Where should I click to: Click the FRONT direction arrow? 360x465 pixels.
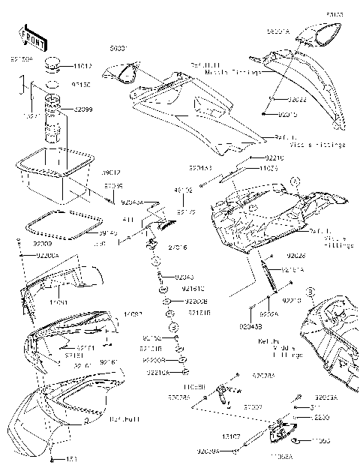(29, 36)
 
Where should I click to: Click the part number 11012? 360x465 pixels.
(83, 66)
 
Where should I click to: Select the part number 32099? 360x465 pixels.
(83, 109)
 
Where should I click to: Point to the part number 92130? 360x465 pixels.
(82, 85)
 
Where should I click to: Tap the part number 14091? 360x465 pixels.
(60, 301)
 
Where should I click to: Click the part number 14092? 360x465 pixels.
(133, 314)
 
